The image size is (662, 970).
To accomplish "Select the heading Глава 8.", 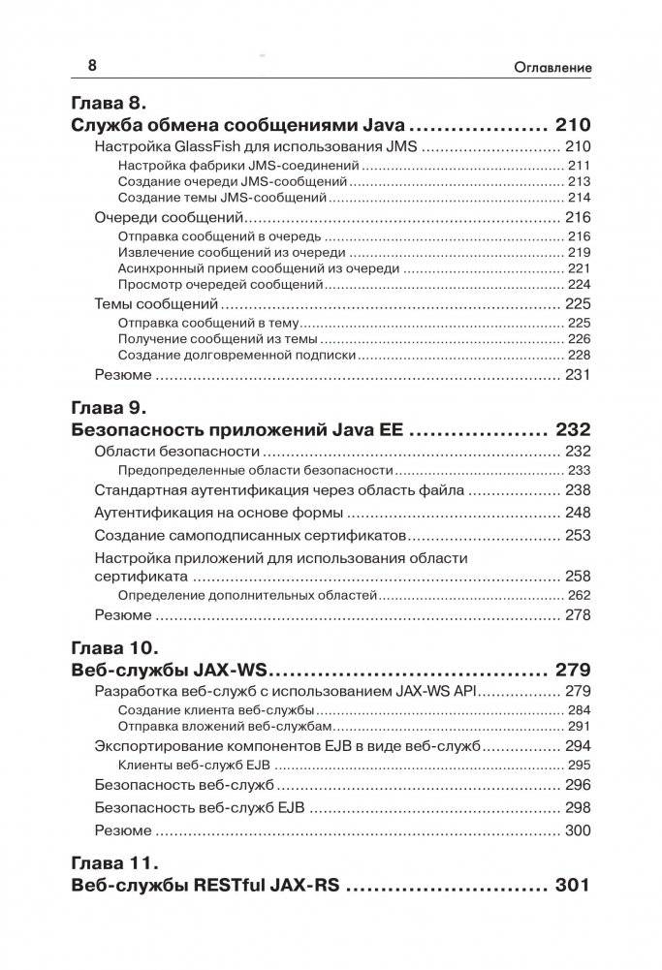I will click(x=109, y=102).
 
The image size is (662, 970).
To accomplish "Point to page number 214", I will click(x=579, y=197).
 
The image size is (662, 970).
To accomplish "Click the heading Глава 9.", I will click(x=109, y=407).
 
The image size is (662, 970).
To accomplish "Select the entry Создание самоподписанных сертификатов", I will click(x=250, y=536).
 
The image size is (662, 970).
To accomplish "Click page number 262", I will click(x=579, y=596).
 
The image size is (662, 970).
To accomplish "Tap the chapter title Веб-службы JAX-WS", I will click(x=170, y=672).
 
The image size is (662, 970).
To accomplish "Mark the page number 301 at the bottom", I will click(x=572, y=886).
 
